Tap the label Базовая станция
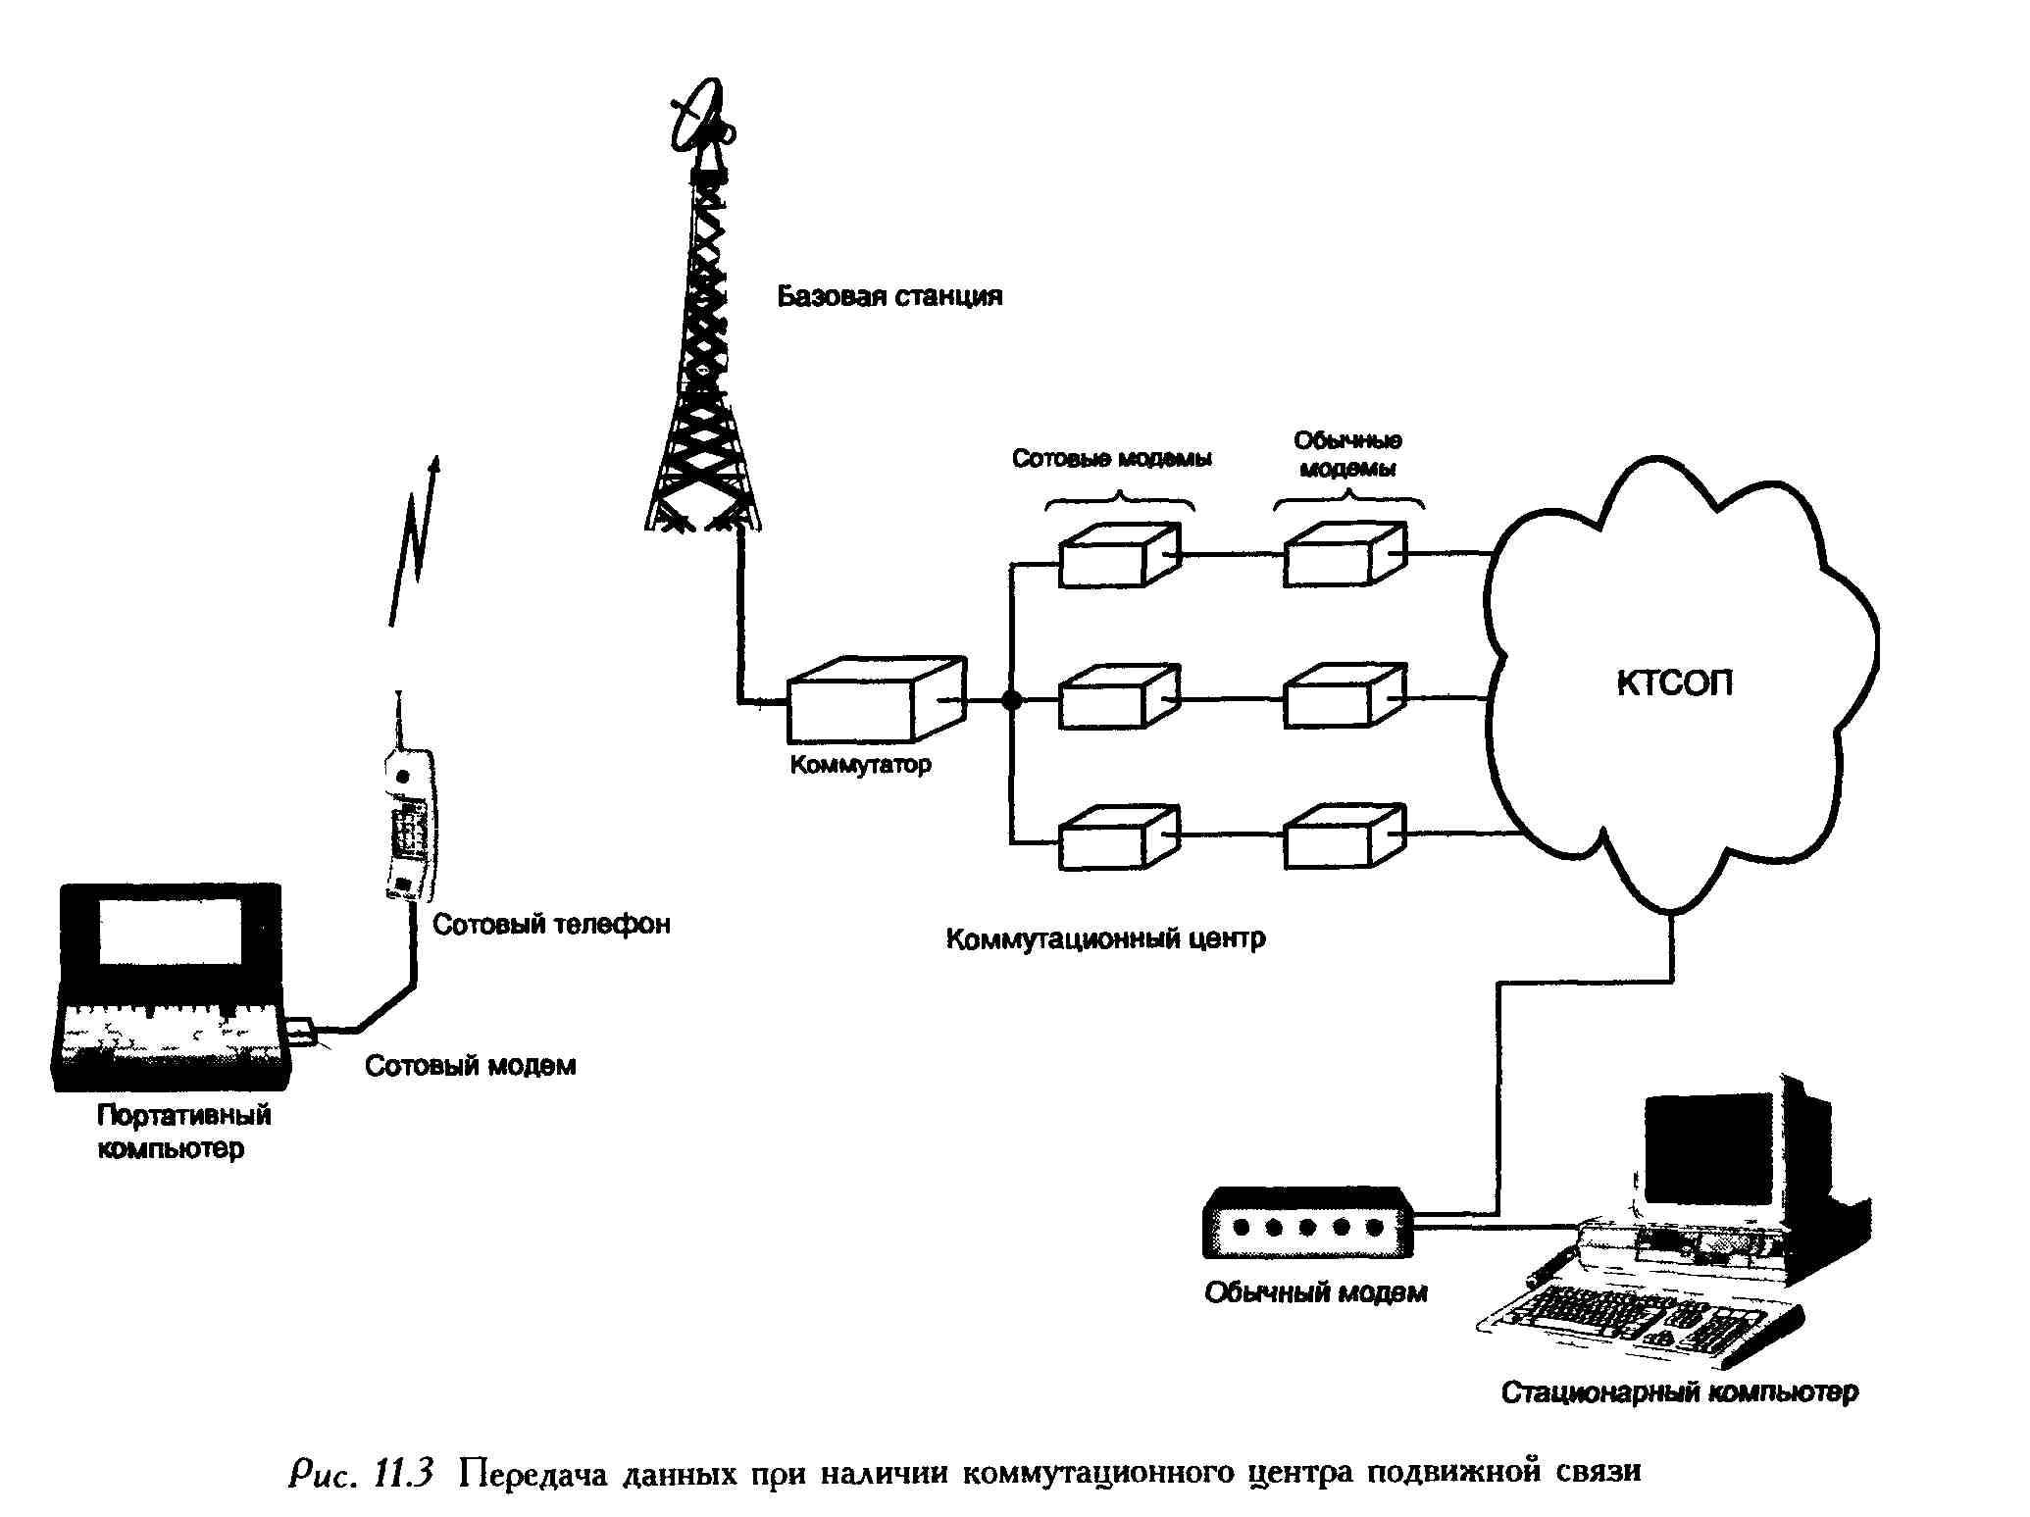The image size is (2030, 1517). coord(889,296)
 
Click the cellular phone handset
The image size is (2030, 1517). coord(410,824)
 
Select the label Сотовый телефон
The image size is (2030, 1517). coord(551,924)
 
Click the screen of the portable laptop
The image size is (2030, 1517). coord(170,933)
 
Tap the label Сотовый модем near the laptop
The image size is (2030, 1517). coord(470,1066)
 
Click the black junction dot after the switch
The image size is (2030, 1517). coord(1011,700)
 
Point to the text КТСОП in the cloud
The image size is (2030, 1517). coord(1674,683)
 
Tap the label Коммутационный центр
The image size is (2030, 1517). coord(1105,938)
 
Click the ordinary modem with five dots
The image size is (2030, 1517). coord(1308,1226)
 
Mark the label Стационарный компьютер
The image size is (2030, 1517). coord(1679,1392)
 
